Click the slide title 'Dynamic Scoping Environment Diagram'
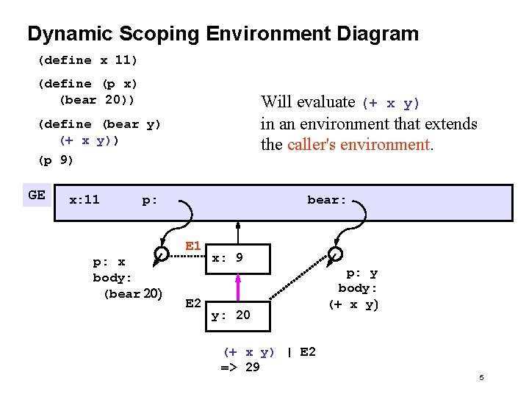pos(223,34)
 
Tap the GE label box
pos(37,196)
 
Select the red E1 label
pos(193,246)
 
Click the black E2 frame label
pos(194,302)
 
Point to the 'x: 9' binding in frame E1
pos(227,258)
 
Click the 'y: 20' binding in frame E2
pos(231,315)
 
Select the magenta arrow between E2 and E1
pos(238,286)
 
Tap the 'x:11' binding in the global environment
pos(84,199)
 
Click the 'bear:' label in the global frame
pos(326,199)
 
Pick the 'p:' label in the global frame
pos(149,200)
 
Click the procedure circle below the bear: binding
pos(335,254)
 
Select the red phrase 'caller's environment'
pos(358,144)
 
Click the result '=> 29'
pos(240,367)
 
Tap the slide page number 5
pos(481,378)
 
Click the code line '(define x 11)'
pos(88,60)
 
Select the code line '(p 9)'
pos(56,160)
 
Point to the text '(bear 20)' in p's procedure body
pos(132,294)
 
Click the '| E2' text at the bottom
pos(301,352)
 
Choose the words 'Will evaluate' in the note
pos(308,102)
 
